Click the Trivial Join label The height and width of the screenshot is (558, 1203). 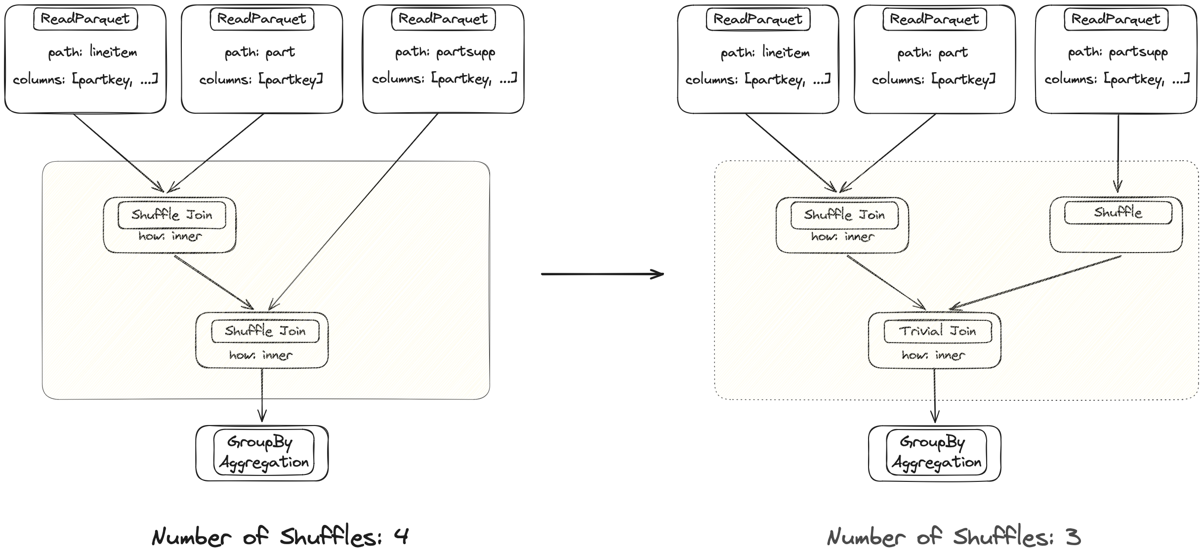[937, 331]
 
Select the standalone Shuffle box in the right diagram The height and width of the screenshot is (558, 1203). [1117, 225]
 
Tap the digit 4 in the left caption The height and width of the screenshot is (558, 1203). [401, 537]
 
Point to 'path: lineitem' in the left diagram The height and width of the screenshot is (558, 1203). [92, 52]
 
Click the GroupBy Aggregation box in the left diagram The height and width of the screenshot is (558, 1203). [262, 453]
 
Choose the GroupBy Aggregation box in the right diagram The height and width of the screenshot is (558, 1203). [935, 453]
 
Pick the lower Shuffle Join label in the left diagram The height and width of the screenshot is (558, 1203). [265, 331]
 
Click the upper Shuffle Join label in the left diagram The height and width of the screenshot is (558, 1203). [171, 215]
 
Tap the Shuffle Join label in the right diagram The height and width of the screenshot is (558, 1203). [844, 215]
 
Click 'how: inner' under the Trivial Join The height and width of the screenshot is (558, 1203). [933, 355]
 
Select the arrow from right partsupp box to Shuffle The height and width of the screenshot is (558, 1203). [1118, 153]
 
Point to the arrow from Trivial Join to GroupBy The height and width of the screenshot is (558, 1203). [934, 395]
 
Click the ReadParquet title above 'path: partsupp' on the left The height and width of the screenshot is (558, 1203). [443, 19]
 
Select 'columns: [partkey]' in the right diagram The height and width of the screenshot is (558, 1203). [933, 80]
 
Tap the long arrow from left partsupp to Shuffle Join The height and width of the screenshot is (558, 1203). [353, 213]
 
